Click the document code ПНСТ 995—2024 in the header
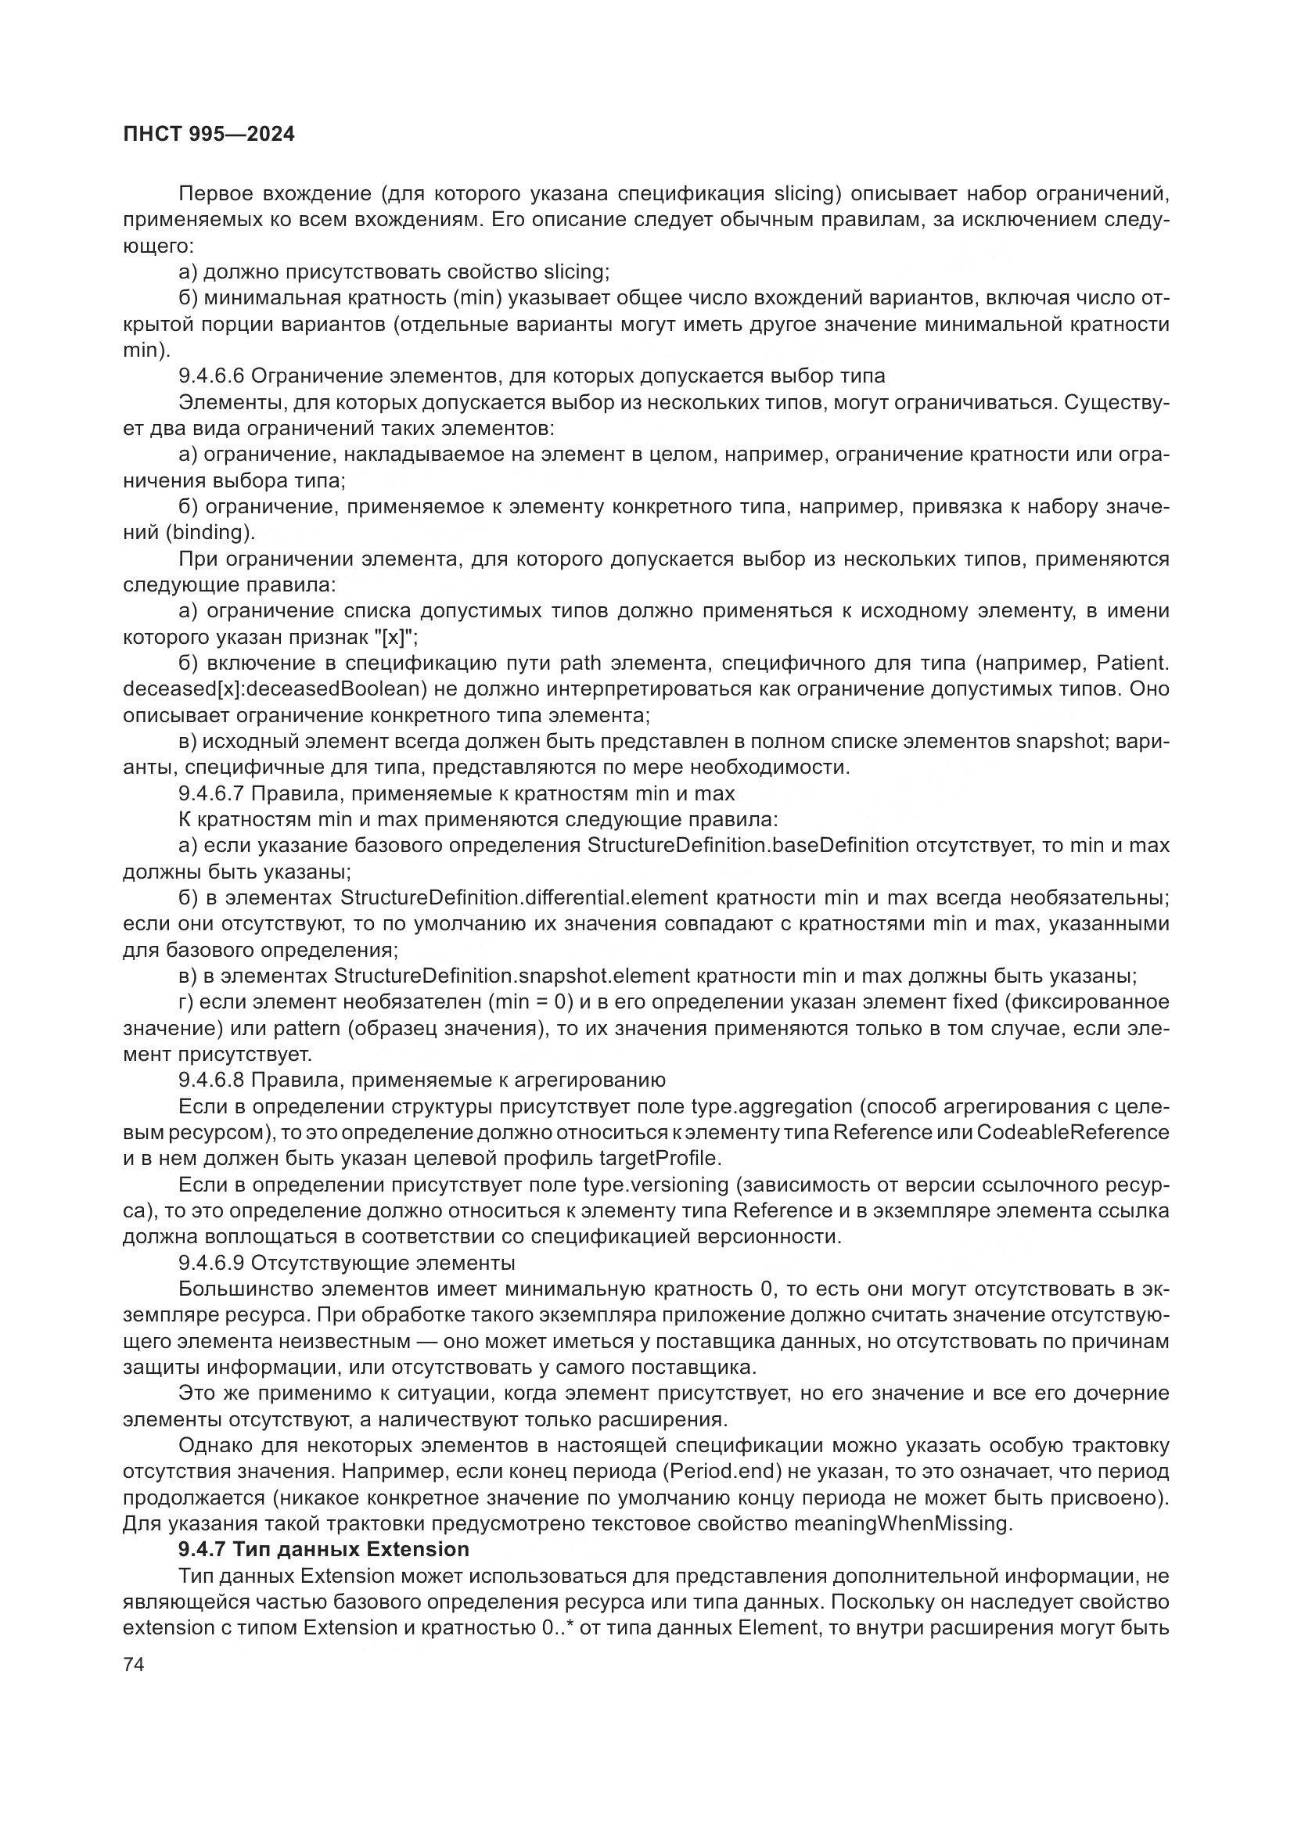(209, 134)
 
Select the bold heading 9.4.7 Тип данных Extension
(324, 1548)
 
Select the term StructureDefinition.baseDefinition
(747, 846)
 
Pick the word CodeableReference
(1073, 1132)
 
